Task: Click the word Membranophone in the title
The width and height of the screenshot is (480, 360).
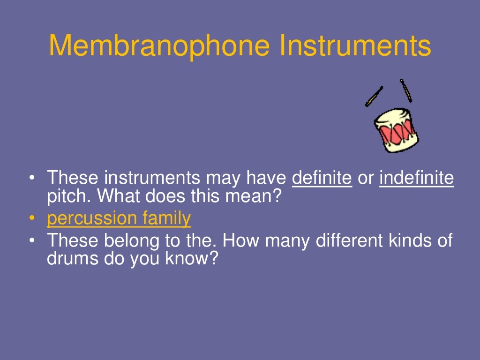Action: click(159, 46)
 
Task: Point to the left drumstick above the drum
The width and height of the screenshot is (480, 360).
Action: click(374, 97)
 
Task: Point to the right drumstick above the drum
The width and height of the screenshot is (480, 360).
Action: click(406, 90)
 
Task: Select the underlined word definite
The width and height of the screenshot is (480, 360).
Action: click(322, 179)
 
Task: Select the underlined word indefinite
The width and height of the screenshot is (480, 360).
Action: click(417, 179)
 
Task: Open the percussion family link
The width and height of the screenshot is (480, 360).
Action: click(119, 219)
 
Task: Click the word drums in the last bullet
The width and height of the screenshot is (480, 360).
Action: click(70, 258)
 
